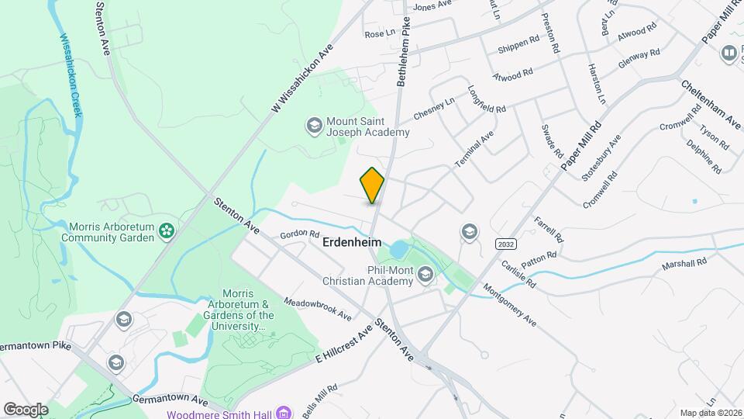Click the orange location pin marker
[372, 185]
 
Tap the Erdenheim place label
[351, 243]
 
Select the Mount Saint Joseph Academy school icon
[314, 126]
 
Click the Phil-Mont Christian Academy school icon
[425, 274]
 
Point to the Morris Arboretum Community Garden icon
[165, 231]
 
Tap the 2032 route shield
[505, 244]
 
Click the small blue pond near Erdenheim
[398, 250]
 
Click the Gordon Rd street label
[300, 234]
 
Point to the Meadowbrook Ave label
[318, 309]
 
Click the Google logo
[26, 409]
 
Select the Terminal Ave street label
[474, 150]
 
